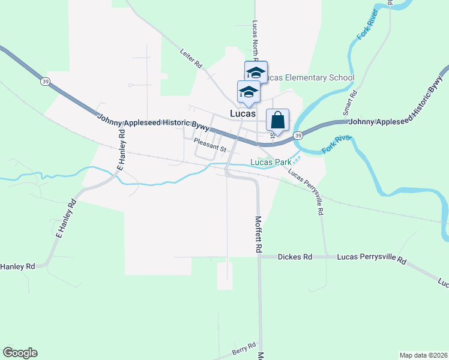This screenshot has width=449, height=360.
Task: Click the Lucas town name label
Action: click(x=243, y=113)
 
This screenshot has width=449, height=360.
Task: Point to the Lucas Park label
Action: click(x=271, y=162)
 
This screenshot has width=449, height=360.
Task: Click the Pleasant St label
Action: click(x=209, y=145)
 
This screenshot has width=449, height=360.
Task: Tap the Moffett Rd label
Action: click(x=259, y=234)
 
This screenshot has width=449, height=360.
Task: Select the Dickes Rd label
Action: click(x=295, y=257)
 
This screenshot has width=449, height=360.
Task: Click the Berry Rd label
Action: click(x=244, y=348)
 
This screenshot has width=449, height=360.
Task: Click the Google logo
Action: click(x=20, y=353)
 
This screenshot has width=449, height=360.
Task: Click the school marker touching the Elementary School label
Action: click(x=256, y=73)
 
